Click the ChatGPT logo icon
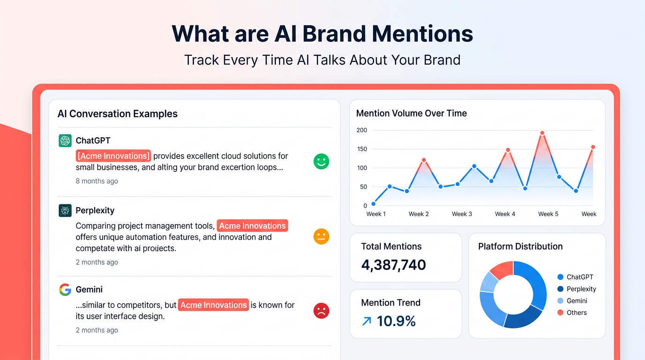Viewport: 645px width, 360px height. coord(65,141)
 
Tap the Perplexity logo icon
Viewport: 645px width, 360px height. coord(65,210)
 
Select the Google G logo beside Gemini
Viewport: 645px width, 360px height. coord(65,290)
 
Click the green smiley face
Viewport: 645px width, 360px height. coord(321,162)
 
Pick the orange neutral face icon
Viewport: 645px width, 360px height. coord(321,236)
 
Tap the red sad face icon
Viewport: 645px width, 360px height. coord(321,311)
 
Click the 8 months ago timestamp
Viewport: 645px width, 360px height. coord(97,181)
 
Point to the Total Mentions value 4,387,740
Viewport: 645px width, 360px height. coord(393,265)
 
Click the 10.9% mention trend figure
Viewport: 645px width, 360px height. coord(396,321)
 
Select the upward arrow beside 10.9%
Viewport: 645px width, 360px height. coord(367,321)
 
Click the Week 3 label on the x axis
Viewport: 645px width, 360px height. coord(462,214)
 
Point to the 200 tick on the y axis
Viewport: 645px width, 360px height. coord(361,130)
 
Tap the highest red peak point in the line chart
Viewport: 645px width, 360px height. coord(542,133)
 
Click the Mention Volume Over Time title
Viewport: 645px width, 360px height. coord(411,113)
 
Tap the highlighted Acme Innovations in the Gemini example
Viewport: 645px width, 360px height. coord(213,305)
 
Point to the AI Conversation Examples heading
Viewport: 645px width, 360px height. coord(117,113)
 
